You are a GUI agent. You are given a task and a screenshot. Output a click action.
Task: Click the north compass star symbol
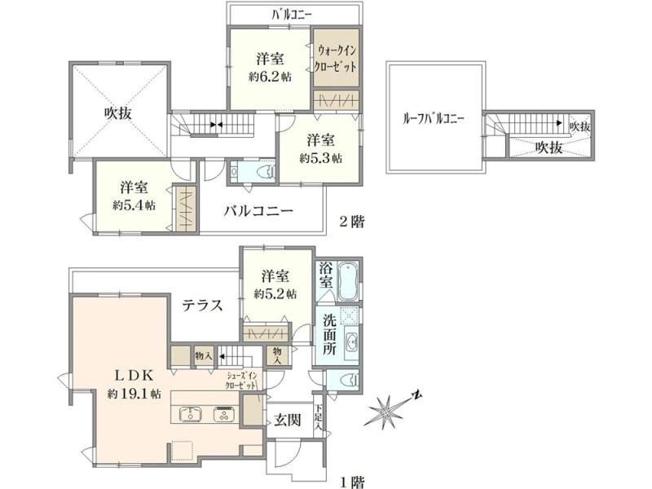pos(385,412)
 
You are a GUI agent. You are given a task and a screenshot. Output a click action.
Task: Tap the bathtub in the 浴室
pos(348,280)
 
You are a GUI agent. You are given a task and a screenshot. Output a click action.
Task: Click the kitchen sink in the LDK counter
pos(191,415)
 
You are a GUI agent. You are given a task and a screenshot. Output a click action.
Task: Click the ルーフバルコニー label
pos(434,119)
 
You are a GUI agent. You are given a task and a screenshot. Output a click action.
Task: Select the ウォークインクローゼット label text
pos(336,59)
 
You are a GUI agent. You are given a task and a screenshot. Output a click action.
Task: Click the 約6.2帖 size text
pos(270,77)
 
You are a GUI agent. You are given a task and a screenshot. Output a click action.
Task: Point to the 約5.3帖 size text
pos(321,158)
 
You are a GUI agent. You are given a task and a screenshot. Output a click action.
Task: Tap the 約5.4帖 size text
pos(134,205)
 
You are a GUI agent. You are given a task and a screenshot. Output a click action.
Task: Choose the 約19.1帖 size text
pos(134,394)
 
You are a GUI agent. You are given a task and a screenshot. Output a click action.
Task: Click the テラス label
pos(202,306)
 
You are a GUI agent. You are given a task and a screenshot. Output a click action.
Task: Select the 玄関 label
pos(288,420)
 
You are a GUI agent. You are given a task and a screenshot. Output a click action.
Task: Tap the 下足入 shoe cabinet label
pos(318,417)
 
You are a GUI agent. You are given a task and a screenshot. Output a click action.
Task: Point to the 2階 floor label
pos(352,221)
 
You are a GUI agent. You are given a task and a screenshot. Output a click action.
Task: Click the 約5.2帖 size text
pos(275,294)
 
